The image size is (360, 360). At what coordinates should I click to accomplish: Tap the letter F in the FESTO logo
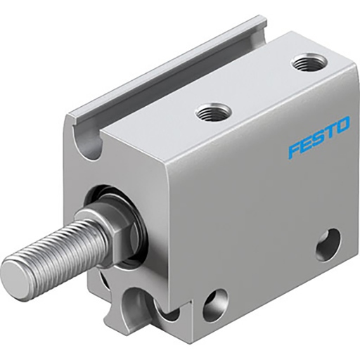[294, 149]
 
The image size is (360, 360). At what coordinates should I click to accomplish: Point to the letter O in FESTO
[342, 127]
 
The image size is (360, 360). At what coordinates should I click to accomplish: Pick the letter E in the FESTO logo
[306, 143]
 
